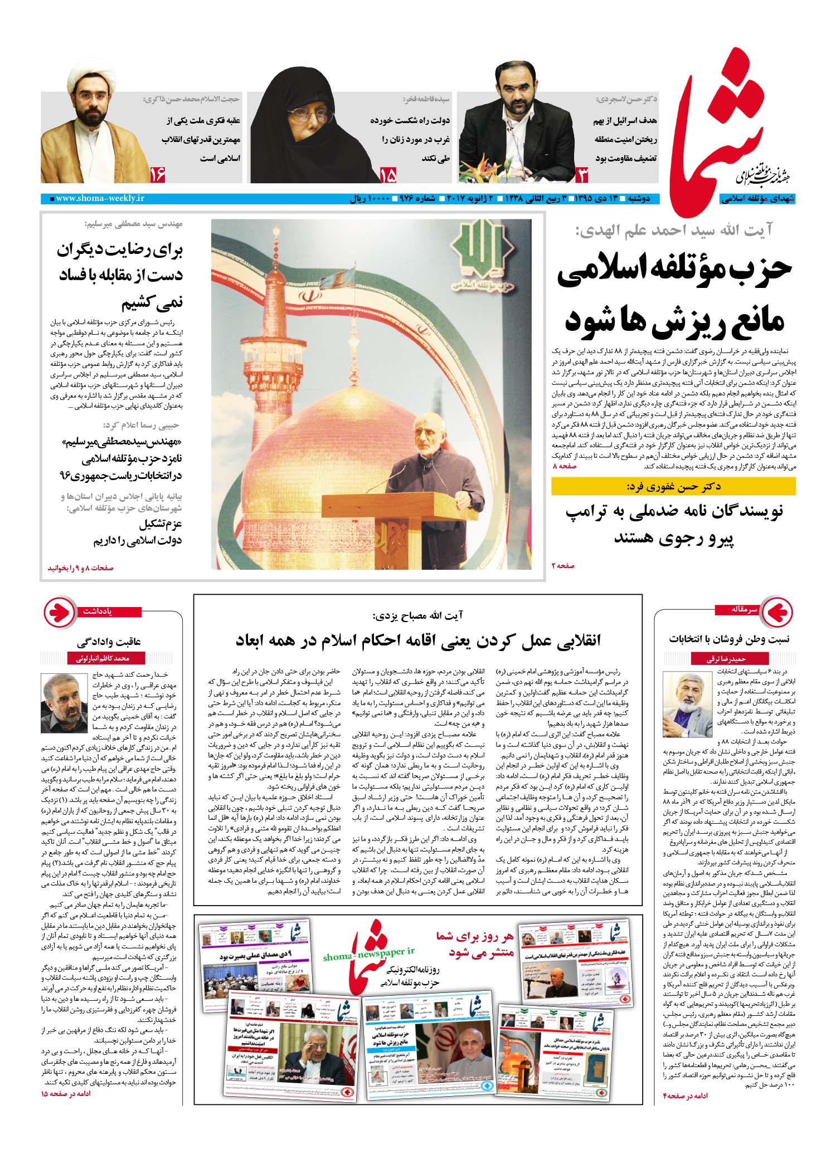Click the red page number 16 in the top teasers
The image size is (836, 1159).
click(x=158, y=176)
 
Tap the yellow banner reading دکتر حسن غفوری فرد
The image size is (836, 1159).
click(x=673, y=486)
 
